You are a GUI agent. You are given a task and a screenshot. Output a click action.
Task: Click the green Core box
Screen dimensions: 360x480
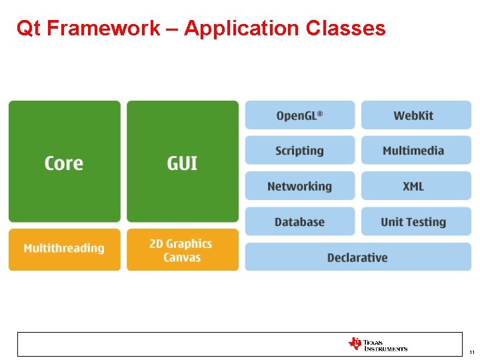tap(64, 162)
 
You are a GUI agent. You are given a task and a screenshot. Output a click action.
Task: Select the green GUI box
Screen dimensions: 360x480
tap(182, 162)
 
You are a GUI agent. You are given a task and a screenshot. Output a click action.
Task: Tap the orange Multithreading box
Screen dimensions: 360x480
tap(64, 249)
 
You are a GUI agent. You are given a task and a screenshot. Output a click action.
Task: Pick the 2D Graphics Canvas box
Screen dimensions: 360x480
tap(182, 249)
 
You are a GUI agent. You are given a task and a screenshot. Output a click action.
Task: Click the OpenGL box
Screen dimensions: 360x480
tap(299, 115)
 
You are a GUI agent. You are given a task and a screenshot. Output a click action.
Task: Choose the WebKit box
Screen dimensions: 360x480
tap(415, 115)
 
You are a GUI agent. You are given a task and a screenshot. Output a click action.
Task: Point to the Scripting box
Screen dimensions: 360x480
tap(299, 151)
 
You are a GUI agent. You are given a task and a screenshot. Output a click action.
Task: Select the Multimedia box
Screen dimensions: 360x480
tap(415, 151)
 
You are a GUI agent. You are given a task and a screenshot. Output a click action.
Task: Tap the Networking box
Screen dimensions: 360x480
tap(299, 186)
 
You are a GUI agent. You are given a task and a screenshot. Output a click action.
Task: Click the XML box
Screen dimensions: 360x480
tap(415, 186)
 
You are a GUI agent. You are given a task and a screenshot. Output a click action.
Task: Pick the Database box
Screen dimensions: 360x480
tap(299, 221)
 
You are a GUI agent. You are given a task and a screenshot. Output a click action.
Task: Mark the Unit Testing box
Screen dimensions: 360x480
tap(415, 221)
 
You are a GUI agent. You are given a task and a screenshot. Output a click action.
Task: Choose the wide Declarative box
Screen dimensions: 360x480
tap(357, 257)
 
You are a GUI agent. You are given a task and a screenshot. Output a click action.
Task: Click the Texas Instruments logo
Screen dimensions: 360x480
tap(377, 344)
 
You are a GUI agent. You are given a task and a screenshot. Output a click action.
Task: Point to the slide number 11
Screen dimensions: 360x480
tap(471, 352)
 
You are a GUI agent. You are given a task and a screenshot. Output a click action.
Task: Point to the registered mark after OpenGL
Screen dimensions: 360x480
tap(320, 113)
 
